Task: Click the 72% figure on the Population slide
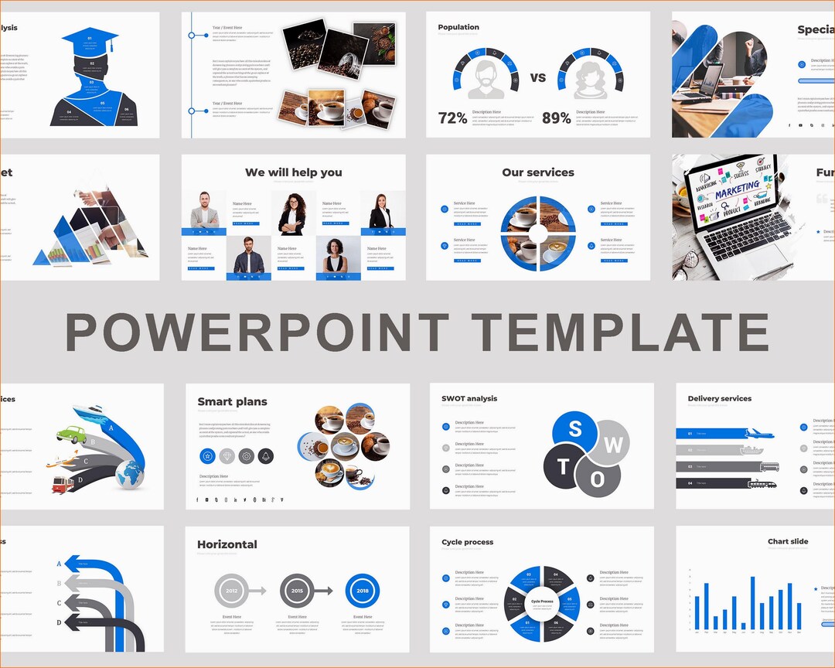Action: coord(452,118)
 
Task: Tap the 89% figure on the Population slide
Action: coord(557,118)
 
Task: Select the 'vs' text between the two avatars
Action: coord(538,77)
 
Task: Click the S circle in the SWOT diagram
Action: coord(575,431)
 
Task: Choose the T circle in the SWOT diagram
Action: coord(564,466)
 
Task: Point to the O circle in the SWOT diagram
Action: coord(598,479)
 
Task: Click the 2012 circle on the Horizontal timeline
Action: coord(232,591)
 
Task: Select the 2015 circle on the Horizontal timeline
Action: coord(297,591)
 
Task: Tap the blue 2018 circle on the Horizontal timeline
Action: coord(362,591)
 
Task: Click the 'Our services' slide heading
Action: coord(538,172)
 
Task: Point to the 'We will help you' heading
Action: coord(293,172)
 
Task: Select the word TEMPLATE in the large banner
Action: coord(620,332)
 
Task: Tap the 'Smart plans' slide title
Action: coord(232,401)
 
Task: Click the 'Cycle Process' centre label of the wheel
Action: coord(542,601)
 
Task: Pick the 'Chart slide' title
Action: coord(788,541)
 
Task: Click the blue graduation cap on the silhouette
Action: coord(90,40)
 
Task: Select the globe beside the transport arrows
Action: coord(130,474)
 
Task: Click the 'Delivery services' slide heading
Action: coord(719,399)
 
